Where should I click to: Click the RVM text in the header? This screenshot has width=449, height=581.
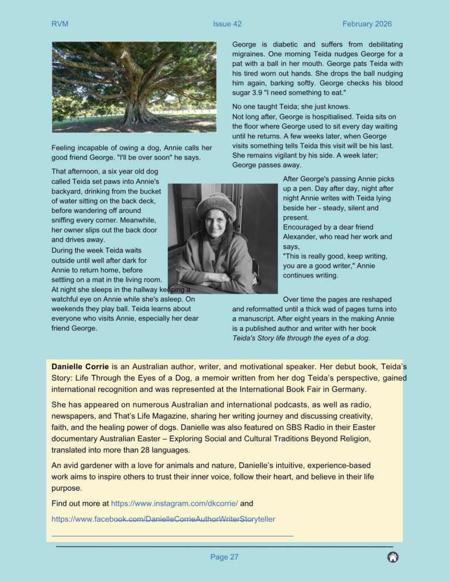60,24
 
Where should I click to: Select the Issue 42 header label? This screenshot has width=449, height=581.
227,24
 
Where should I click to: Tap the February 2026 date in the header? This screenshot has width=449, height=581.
367,24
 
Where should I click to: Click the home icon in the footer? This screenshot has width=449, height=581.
393,557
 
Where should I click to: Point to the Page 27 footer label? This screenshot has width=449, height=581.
224,557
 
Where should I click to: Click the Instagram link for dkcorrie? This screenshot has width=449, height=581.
174,503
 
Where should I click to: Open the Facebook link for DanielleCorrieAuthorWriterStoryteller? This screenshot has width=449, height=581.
163,519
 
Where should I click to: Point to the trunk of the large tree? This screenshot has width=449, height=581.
136,111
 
